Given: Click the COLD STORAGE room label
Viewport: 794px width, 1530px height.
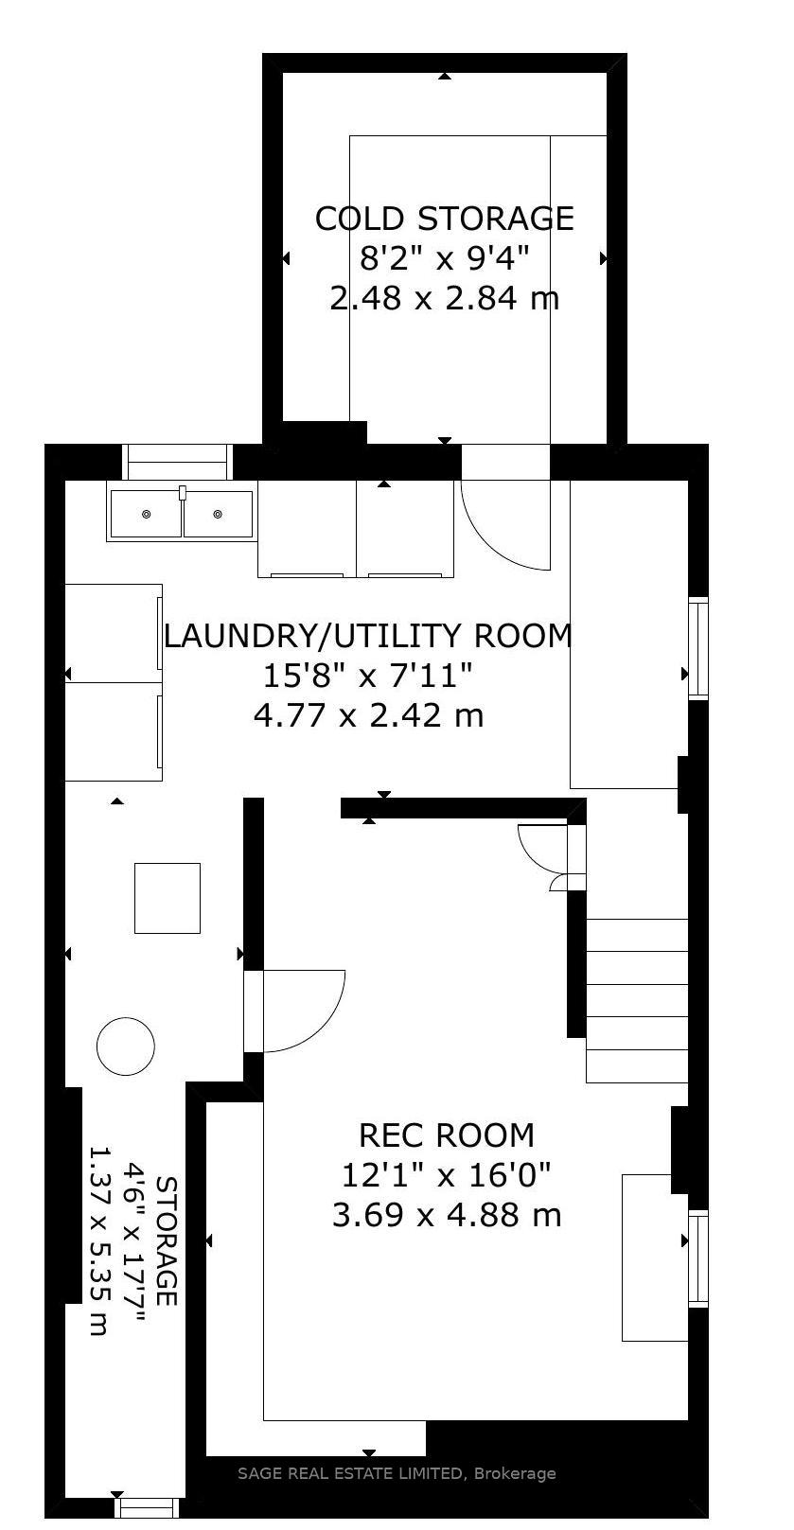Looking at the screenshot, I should (444, 219).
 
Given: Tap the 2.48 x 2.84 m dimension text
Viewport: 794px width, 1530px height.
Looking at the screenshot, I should (444, 299).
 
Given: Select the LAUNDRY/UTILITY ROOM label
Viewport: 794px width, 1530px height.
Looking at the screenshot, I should (368, 635).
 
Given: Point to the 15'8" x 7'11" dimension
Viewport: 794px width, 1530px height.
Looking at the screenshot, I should (368, 676).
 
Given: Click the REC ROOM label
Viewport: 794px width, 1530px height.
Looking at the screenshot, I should (447, 1134).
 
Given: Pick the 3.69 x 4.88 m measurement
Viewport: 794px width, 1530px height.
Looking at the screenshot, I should (447, 1214).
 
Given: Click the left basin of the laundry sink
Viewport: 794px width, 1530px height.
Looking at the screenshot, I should (146, 514).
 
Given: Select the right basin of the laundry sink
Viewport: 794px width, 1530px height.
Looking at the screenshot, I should (219, 514).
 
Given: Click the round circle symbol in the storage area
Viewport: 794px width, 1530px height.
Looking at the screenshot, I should (126, 1046).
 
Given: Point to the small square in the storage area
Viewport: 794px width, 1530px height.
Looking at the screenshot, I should (168, 898).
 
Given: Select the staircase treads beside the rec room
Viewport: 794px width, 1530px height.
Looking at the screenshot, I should (637, 1000).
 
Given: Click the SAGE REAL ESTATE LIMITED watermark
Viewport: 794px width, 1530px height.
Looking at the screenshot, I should (396, 1473).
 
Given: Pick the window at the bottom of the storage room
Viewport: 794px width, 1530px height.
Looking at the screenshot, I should (146, 1506).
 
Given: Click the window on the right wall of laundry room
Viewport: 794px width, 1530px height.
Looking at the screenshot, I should (698, 647).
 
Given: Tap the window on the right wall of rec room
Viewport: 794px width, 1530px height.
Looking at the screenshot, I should (698, 1258).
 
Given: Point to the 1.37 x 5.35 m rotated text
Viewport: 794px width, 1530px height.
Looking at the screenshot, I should (97, 1240).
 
